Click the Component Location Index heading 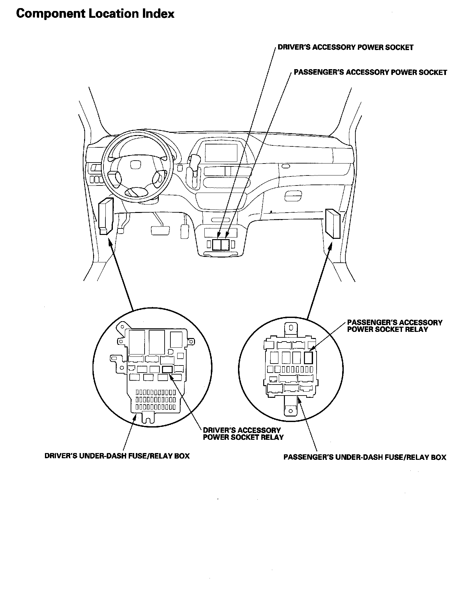click(x=95, y=14)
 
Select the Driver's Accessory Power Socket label click(x=345, y=48)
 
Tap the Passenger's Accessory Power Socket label click(x=370, y=72)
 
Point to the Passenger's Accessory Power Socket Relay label click(x=395, y=326)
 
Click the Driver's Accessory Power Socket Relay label click(x=243, y=434)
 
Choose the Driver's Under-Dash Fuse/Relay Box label click(x=117, y=456)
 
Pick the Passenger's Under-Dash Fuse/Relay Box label click(x=365, y=457)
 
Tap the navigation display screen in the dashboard click(x=221, y=153)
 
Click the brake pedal click(x=160, y=230)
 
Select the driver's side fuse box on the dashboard click(x=106, y=216)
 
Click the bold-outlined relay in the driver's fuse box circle click(x=167, y=369)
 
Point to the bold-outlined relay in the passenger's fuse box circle click(x=309, y=357)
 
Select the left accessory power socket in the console click(x=217, y=244)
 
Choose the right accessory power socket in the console click(x=225, y=244)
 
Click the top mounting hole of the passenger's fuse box click(x=291, y=328)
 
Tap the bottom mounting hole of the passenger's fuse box click(x=290, y=411)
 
